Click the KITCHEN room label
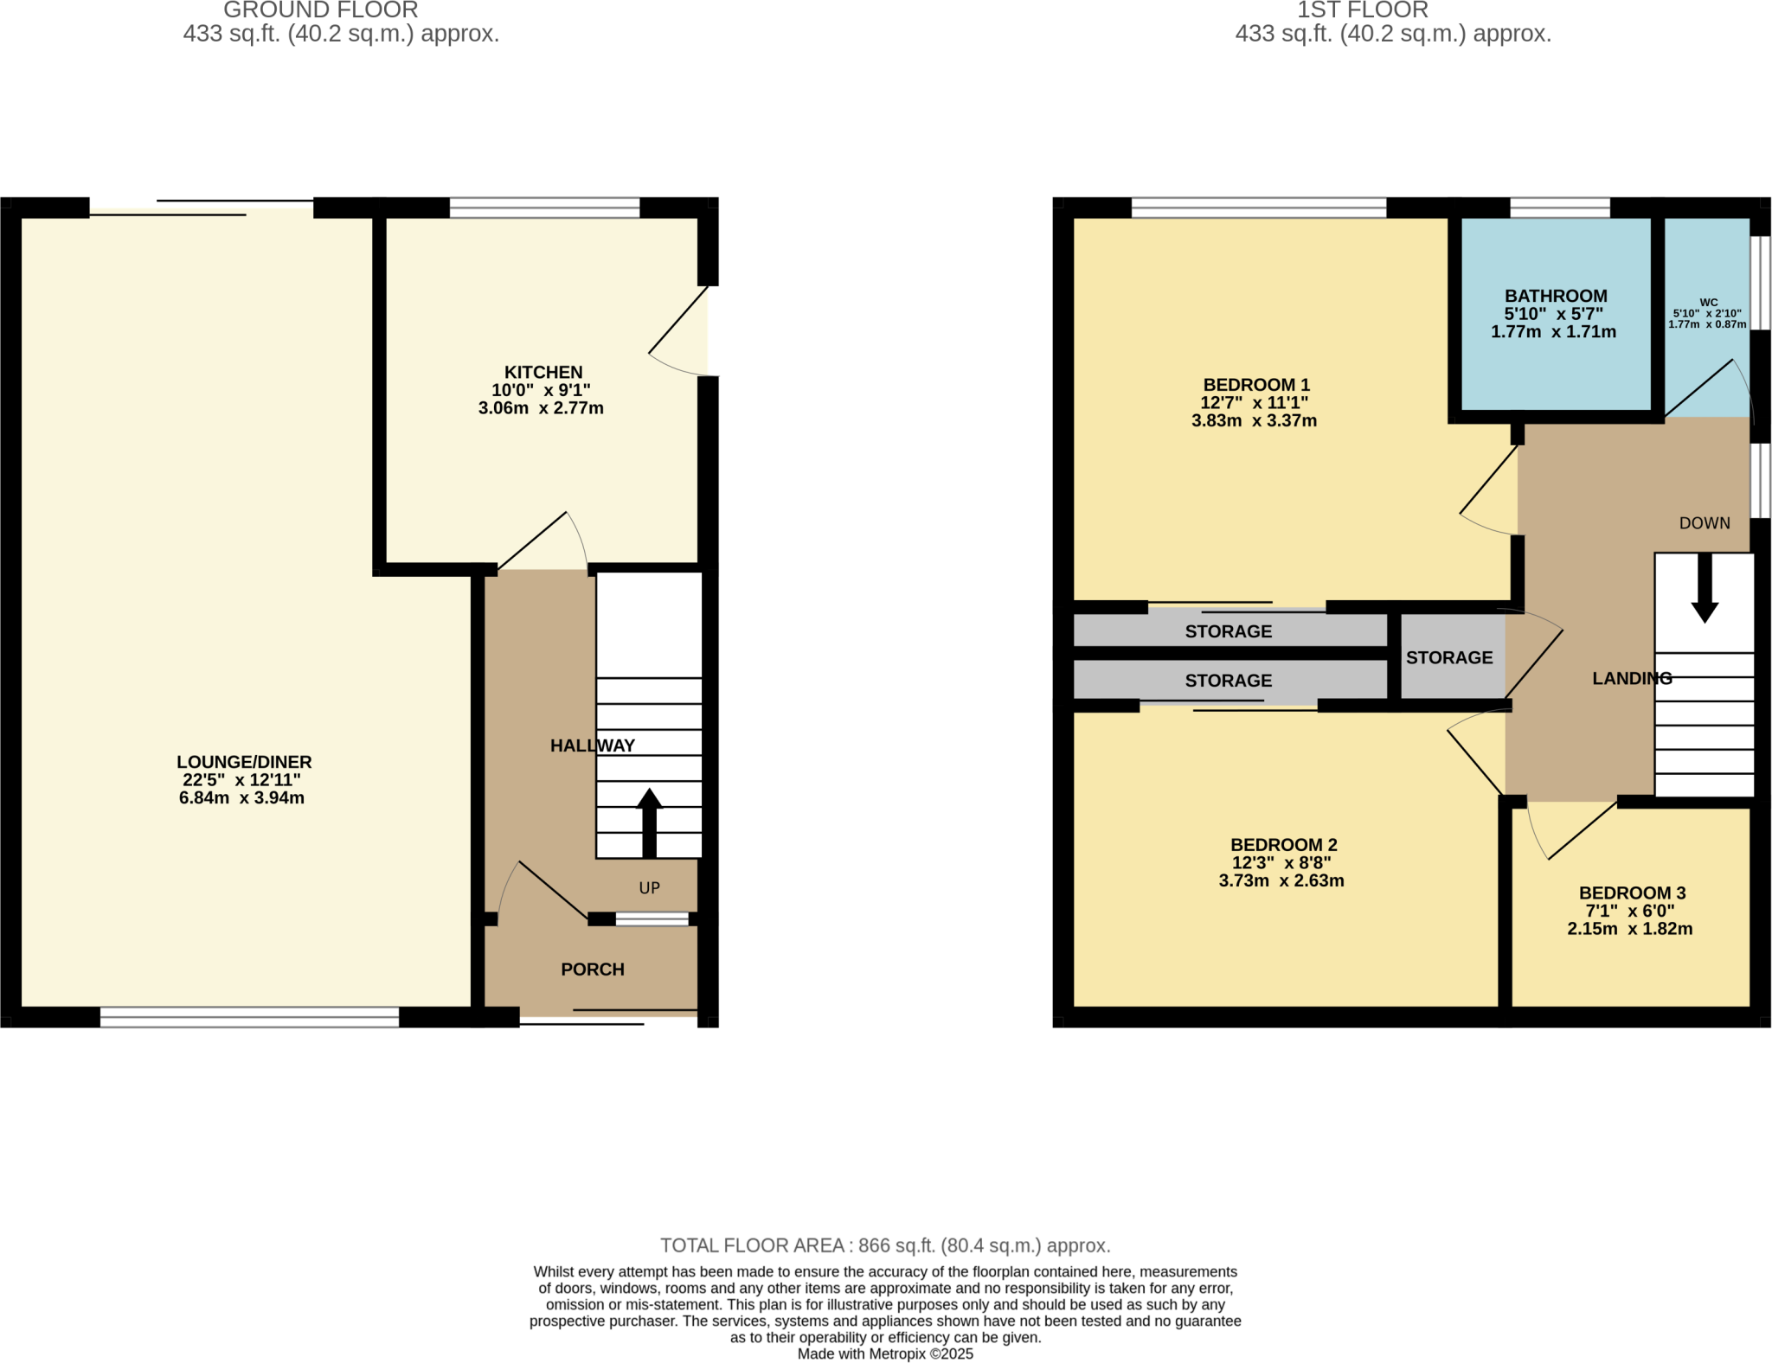[x=543, y=373]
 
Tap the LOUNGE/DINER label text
[x=244, y=762]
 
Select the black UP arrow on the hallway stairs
[x=649, y=822]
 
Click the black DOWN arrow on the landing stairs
[x=1705, y=588]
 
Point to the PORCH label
[x=592, y=969]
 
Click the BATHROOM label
[x=1556, y=296]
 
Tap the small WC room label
[x=1708, y=303]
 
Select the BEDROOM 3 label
[x=1632, y=893]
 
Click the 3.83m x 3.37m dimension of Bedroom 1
[x=1254, y=421]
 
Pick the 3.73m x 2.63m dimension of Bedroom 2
[x=1281, y=881]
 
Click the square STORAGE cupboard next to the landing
[x=1449, y=657]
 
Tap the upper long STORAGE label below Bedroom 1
[x=1228, y=631]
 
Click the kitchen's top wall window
[x=544, y=208]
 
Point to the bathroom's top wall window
[x=1559, y=208]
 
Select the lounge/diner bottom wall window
[x=249, y=1018]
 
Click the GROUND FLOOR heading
[x=320, y=10]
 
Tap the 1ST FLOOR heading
[x=1362, y=10]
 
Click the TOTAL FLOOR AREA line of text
[x=885, y=1245]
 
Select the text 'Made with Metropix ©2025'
[x=885, y=1354]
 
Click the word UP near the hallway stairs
[x=649, y=888]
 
